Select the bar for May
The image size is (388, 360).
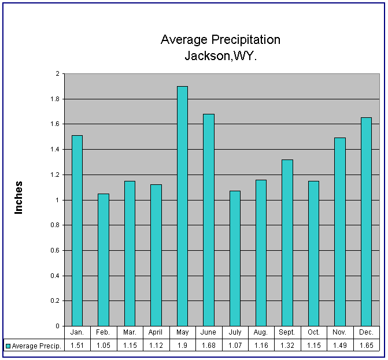182,206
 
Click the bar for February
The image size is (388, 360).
104,259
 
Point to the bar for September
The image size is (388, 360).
287,243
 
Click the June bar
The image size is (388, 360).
209,220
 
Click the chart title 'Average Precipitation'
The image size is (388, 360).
220,40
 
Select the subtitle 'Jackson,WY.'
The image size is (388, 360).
220,56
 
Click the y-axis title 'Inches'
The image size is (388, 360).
19,198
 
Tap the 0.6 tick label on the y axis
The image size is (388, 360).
54,250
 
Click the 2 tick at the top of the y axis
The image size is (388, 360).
57,73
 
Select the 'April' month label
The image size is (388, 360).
156,333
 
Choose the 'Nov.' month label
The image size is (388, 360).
340,333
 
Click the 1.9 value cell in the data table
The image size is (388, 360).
182,346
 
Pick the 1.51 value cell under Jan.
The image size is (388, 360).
77,346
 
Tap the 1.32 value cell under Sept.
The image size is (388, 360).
287,346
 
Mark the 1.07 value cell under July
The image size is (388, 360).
235,346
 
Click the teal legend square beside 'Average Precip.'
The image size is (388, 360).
8,346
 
